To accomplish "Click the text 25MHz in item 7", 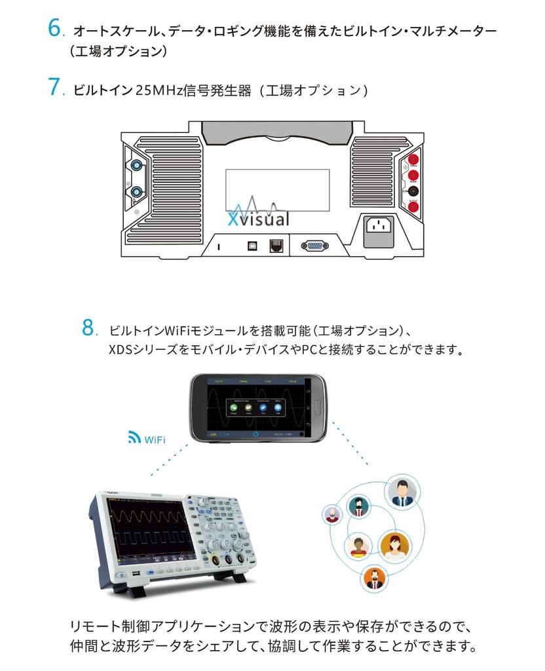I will pos(159,90).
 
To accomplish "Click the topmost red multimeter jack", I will pos(413,160).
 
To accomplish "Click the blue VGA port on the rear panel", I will pos(314,246).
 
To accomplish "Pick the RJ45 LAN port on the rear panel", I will pos(276,246).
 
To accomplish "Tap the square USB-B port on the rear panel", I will pos(252,246).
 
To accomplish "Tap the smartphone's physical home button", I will pos(312,407).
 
